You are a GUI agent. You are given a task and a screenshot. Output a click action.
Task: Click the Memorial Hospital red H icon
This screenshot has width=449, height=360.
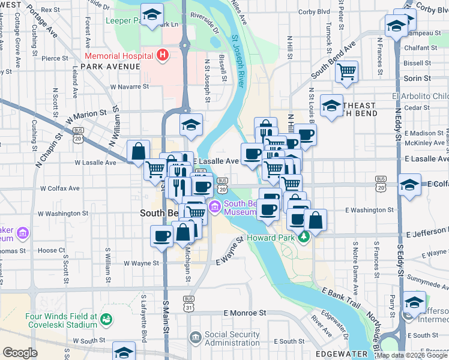161,55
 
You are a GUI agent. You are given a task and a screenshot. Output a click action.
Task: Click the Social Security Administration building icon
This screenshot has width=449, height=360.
194,338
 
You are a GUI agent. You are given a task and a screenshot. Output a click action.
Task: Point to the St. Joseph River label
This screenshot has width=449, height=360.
238,60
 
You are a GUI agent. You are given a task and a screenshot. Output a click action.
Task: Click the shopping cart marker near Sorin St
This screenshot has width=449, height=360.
346,71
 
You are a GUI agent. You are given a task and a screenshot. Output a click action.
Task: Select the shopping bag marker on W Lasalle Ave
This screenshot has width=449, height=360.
138,151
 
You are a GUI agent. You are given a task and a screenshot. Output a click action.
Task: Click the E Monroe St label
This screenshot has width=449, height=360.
244,313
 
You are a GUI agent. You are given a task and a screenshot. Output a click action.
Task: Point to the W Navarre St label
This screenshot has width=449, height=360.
129,86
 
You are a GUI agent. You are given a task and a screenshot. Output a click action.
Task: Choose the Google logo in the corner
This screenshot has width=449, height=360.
20,353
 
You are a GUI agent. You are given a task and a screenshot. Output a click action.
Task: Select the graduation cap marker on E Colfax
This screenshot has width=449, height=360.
409,184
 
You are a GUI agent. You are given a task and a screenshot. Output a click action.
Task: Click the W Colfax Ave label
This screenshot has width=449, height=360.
59,188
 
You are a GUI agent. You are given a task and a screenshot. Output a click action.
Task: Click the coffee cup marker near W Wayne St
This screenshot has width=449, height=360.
161,235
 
